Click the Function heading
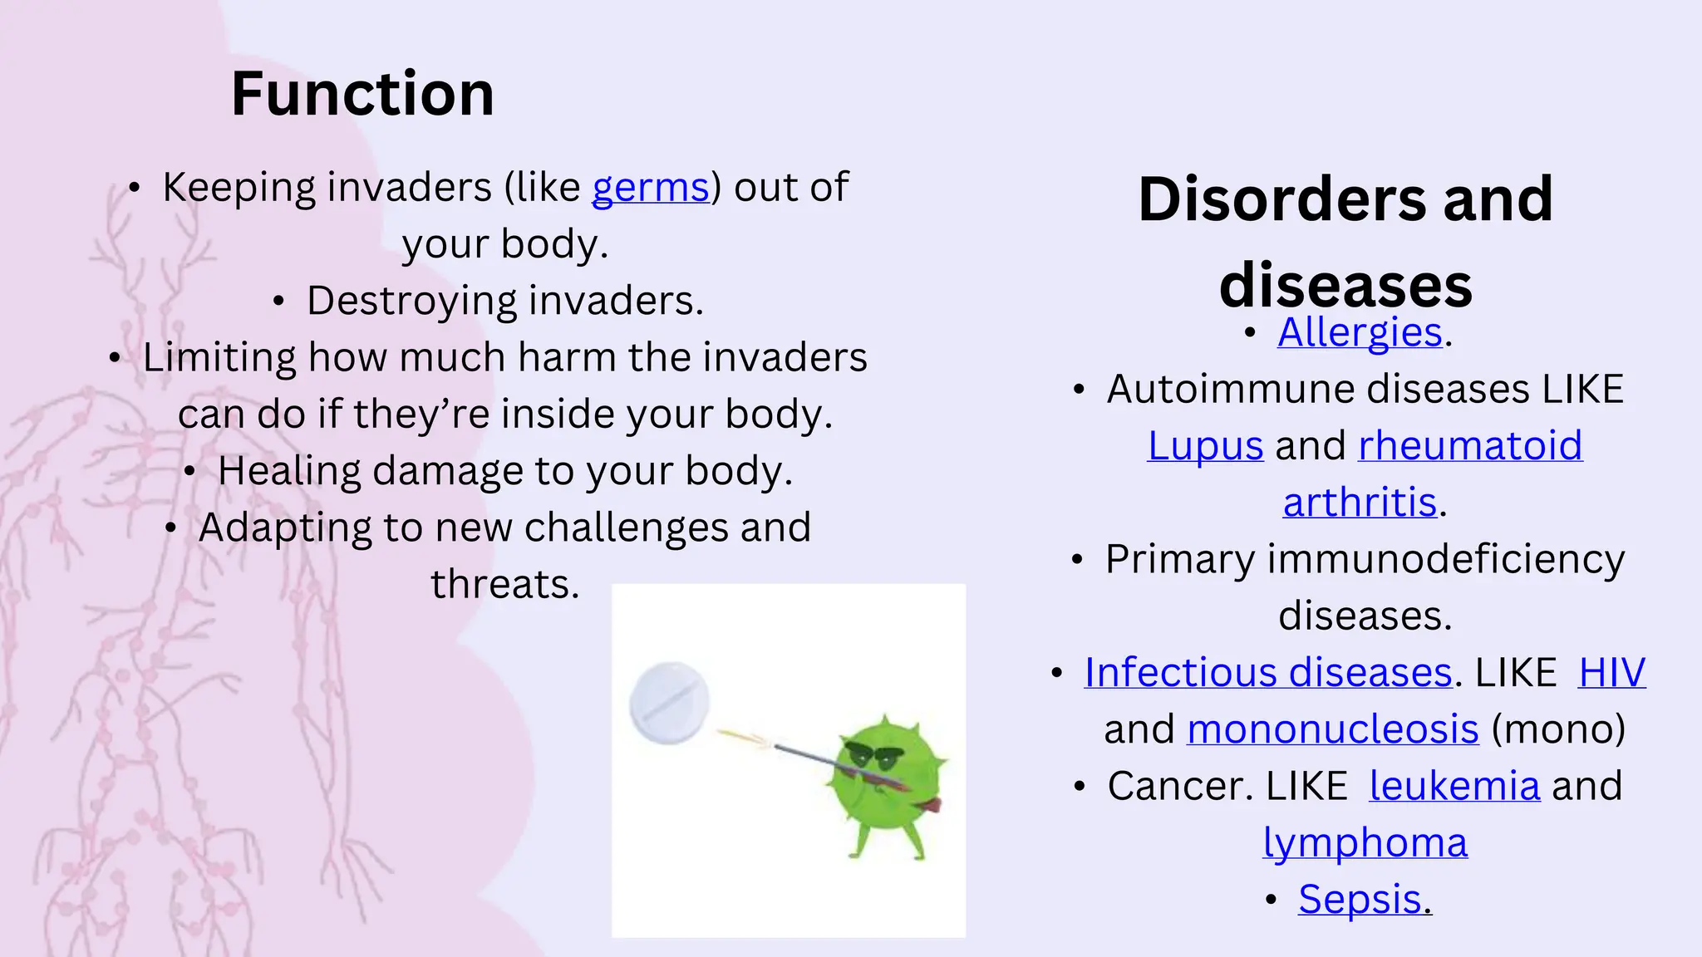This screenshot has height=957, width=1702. click(362, 94)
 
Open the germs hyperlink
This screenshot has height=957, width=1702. click(650, 188)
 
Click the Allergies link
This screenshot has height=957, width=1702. click(1360, 332)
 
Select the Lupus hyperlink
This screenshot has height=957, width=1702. click(1205, 445)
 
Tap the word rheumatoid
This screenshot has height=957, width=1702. click(1469, 445)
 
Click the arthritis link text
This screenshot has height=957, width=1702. click(1360, 503)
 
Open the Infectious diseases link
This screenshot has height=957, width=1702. click(1267, 672)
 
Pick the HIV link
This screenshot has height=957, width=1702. click(1611, 672)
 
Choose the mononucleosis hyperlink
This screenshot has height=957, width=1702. click(1332, 729)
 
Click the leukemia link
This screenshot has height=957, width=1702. click(1454, 786)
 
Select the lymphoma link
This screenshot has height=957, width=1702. click(1365, 842)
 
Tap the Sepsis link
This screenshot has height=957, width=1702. click(1360, 900)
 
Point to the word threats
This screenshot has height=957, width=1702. click(504, 584)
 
